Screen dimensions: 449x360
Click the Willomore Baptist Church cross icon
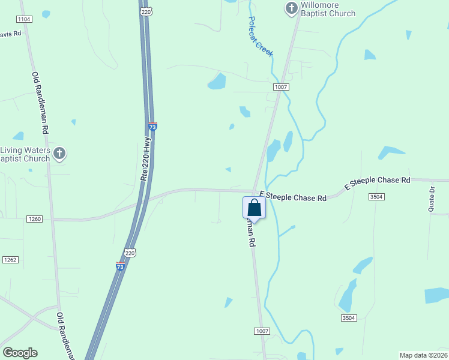(291, 8)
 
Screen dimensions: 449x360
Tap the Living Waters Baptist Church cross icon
(59, 154)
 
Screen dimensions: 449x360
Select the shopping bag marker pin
(254, 208)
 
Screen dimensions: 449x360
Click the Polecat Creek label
(261, 36)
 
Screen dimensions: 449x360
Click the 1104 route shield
(24, 19)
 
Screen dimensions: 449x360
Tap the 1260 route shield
(34, 219)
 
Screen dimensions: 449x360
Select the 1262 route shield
(10, 259)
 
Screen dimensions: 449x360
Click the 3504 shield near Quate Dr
(376, 197)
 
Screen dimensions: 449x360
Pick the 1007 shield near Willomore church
(282, 87)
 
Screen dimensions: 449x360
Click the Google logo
(20, 353)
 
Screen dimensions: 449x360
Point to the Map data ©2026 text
(423, 355)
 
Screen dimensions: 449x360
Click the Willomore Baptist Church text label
(328, 9)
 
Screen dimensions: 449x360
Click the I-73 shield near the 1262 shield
(120, 265)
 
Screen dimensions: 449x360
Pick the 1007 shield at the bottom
(262, 331)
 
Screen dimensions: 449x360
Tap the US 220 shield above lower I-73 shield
(130, 253)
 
